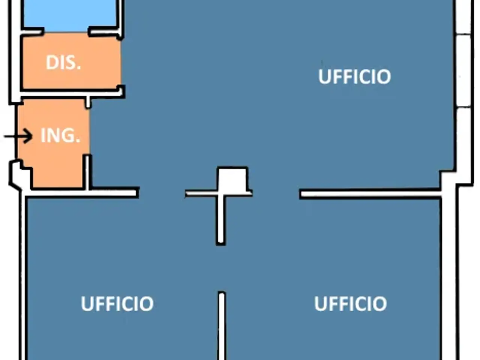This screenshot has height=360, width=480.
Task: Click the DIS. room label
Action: coord(63,63)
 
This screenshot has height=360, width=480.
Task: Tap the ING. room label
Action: coord(60,135)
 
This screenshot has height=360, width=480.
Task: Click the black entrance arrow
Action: coord(18,136)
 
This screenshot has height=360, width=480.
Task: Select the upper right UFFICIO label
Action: coord(354,76)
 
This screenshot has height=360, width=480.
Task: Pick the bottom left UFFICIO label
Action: coord(117,304)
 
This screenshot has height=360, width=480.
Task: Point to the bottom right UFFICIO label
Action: coord(351,304)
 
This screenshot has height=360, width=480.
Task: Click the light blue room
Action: coord(70,15)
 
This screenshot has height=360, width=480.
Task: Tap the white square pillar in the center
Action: coord(233,180)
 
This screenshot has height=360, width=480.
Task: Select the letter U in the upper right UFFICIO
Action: coord(324,76)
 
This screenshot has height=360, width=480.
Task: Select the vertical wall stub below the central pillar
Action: coord(221,219)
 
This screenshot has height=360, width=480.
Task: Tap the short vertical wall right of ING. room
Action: coord(87,172)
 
